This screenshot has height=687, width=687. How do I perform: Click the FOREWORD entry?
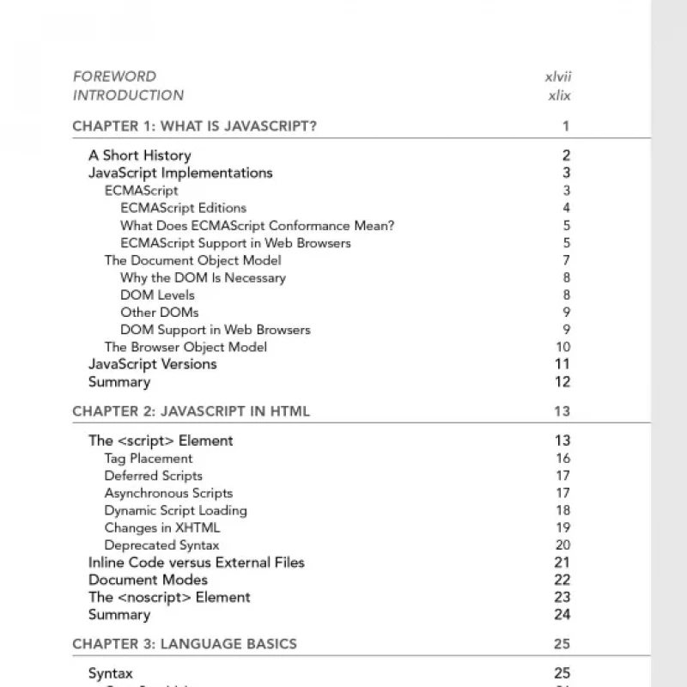point(114,76)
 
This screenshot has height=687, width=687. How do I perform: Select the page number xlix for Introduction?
point(559,95)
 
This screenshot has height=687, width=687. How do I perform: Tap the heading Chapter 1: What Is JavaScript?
point(194,126)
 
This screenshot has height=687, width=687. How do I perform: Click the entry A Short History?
point(139,155)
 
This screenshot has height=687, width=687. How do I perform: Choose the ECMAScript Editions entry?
point(183,208)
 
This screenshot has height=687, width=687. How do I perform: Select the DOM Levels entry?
point(157,295)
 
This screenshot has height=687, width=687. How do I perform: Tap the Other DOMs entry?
point(159,312)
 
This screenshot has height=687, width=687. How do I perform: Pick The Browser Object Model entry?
point(185,347)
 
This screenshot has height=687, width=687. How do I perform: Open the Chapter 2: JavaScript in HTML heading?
point(191,411)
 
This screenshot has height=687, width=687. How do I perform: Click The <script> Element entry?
point(161,441)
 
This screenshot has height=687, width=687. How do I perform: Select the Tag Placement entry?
point(149,459)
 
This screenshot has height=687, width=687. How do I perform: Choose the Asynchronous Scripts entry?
point(168,493)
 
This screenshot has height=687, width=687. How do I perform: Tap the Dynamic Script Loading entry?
point(175,510)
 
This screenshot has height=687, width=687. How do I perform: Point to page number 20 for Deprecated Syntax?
point(562,545)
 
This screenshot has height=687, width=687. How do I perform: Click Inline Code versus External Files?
point(196,562)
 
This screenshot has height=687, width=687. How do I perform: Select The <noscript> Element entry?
point(169,597)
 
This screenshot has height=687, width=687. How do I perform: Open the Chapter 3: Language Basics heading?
point(185,644)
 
